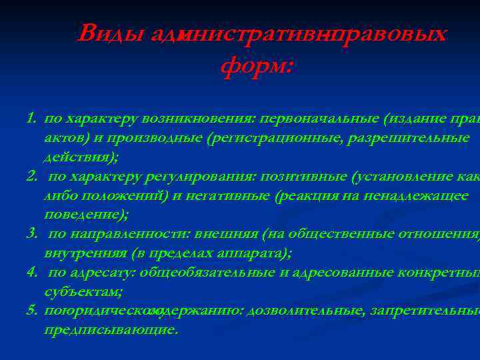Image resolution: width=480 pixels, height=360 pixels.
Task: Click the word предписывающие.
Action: (x=111, y=329)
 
